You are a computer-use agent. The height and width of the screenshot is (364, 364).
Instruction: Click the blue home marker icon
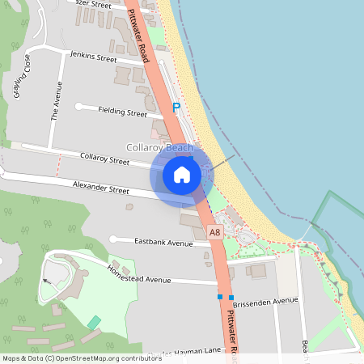(x=182, y=174)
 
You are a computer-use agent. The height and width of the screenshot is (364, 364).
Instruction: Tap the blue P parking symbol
(x=176, y=108)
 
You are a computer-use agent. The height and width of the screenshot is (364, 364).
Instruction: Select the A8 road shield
(x=214, y=233)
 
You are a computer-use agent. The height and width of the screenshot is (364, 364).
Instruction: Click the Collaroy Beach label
(x=159, y=148)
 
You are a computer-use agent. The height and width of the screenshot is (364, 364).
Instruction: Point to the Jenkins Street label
(x=94, y=58)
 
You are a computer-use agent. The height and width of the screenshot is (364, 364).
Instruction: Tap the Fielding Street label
(x=122, y=112)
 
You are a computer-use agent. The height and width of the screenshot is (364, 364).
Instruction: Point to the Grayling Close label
(x=21, y=78)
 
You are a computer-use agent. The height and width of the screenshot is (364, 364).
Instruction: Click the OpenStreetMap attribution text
(x=70, y=358)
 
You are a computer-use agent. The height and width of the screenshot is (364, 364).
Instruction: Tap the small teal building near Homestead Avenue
(x=95, y=323)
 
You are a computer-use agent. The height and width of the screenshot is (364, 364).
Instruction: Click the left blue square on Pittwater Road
(x=219, y=297)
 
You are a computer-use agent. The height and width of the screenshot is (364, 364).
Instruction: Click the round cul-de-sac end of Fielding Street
(x=79, y=107)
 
